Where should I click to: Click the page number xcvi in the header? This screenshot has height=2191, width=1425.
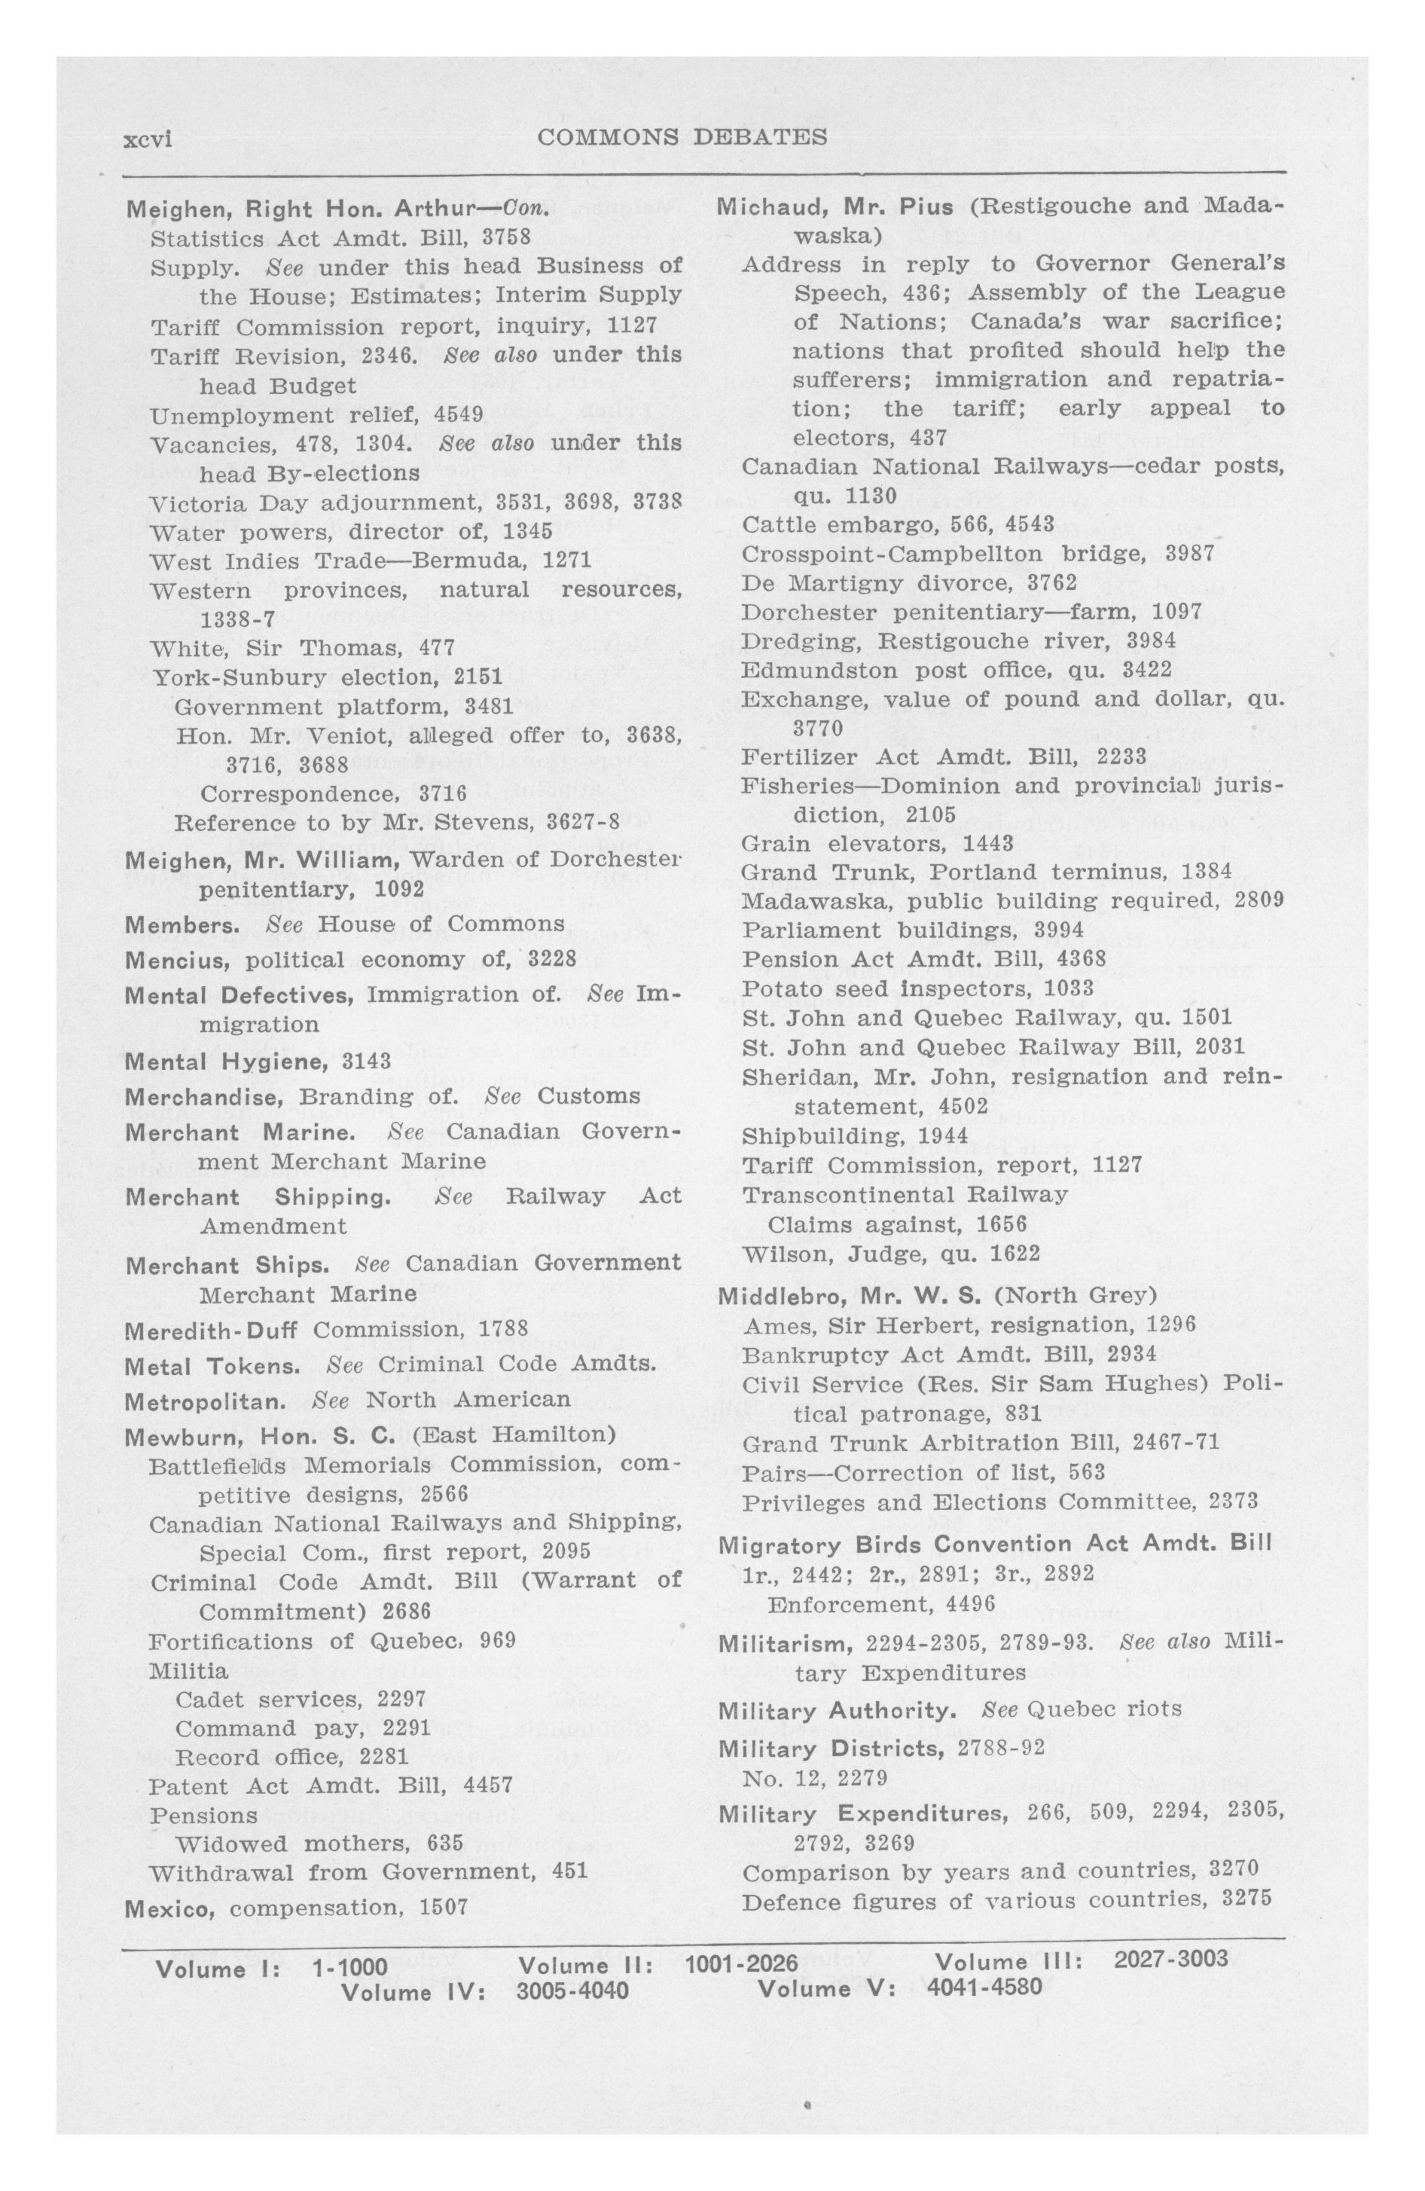point(148,139)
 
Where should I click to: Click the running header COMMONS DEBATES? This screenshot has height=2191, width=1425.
point(681,137)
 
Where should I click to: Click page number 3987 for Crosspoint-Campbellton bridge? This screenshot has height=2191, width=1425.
point(1190,555)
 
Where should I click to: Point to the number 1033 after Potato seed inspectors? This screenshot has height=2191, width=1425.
point(1069,989)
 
